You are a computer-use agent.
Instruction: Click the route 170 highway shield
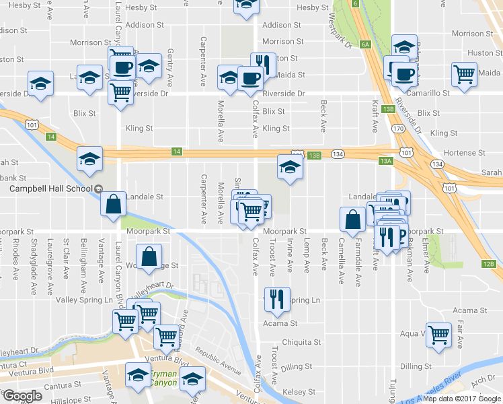click(x=398, y=128)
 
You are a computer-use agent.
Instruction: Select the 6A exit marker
click(x=365, y=44)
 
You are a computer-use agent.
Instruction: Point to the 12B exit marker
click(x=489, y=263)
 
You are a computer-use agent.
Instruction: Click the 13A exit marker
click(x=385, y=161)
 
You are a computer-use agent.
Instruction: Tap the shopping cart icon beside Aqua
click(x=439, y=334)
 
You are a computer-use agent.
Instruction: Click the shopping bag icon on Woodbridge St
click(x=149, y=257)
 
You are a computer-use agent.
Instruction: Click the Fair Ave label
click(x=460, y=335)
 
